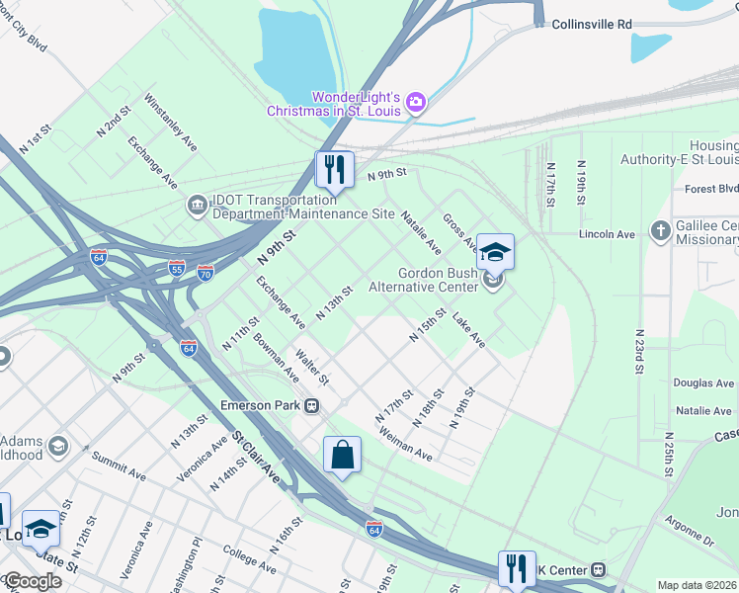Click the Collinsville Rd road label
591,24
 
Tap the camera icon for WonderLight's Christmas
416,102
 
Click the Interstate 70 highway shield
205,272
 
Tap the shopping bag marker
342,457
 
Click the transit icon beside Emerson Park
311,404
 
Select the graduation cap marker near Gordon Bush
495,253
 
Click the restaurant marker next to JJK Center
516,570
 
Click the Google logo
32,581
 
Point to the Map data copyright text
698,585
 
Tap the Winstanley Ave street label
170,122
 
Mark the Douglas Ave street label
703,382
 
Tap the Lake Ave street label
468,330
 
